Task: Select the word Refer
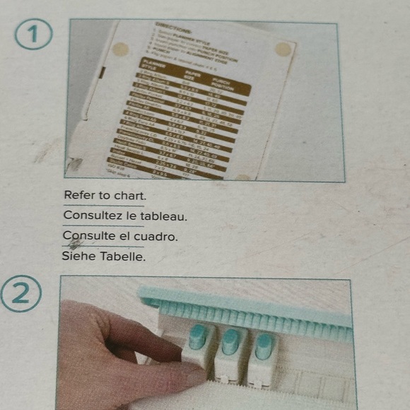(x=78, y=195)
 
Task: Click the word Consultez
(x=93, y=215)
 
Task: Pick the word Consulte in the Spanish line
(x=89, y=235)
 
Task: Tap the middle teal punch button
(x=230, y=342)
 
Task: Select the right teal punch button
(x=264, y=345)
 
